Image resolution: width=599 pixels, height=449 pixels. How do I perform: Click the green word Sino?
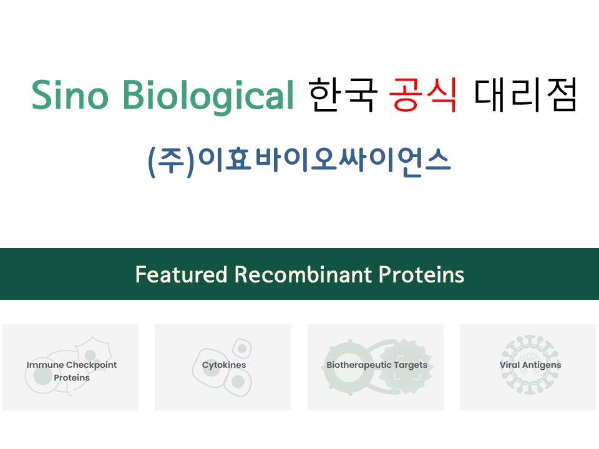(x=70, y=94)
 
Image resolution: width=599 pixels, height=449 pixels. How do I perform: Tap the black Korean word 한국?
(x=343, y=95)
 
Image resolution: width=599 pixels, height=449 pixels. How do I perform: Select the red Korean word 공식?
(x=423, y=95)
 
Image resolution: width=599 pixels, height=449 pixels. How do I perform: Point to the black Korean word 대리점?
(x=525, y=95)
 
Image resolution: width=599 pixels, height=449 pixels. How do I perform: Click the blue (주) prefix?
(x=172, y=162)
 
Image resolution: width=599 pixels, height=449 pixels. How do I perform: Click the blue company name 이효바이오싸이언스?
(x=324, y=162)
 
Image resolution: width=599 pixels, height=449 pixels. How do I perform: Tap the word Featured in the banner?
(x=182, y=274)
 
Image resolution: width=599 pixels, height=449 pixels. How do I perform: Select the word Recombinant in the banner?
(x=303, y=274)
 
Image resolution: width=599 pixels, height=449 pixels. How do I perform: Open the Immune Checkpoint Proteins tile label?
(x=72, y=371)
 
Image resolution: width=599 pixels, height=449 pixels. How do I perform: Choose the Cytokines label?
(x=224, y=365)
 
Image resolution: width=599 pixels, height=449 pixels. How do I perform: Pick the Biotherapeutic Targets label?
(x=377, y=365)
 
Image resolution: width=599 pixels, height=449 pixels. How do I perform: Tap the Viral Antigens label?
(x=530, y=365)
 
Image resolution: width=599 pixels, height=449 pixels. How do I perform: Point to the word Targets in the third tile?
(x=411, y=365)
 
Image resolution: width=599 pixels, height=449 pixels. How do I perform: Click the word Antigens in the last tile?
(x=542, y=365)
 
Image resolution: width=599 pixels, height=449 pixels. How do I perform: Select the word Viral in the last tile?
(x=510, y=365)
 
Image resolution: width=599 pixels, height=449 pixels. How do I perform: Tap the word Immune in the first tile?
(x=45, y=365)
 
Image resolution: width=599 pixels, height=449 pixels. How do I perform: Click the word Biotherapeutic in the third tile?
(x=359, y=365)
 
